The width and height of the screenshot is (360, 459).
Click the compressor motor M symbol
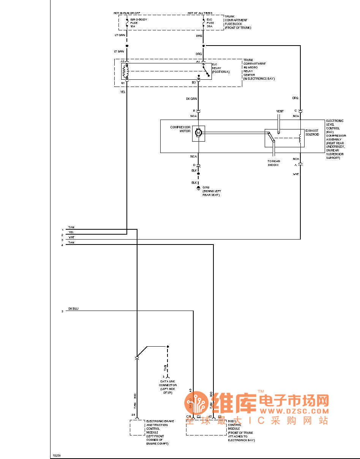tap(198, 132)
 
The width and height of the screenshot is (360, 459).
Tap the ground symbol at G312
tap(198, 188)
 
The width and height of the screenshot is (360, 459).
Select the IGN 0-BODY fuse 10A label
tap(138, 23)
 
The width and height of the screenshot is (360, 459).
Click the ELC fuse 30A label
tap(210, 23)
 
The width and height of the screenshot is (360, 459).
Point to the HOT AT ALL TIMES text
tap(200, 13)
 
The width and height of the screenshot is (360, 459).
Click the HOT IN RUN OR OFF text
tap(127, 13)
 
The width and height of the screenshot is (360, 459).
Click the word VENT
tap(279, 111)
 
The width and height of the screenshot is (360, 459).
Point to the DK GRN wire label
tap(191, 99)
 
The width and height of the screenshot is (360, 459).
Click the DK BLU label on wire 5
tap(73, 309)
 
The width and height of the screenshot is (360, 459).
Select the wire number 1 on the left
tap(62, 230)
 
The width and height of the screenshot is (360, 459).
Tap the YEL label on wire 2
tap(71, 232)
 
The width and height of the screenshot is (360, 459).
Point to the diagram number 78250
tap(56, 455)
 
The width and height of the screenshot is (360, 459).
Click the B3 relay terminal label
tap(194, 82)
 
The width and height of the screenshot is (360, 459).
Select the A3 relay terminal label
tap(122, 61)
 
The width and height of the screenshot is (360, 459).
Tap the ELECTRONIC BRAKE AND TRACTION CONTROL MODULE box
tap(137, 427)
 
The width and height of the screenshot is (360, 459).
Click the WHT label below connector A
tap(296, 174)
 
